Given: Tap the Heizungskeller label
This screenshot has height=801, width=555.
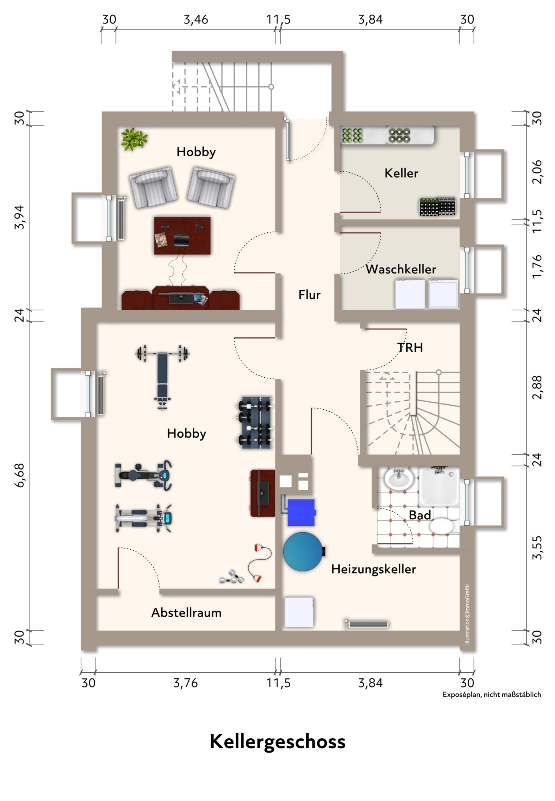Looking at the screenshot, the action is (x=374, y=569).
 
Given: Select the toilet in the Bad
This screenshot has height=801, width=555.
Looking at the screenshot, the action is (x=443, y=526).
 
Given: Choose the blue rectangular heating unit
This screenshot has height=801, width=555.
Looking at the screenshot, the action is (x=301, y=513).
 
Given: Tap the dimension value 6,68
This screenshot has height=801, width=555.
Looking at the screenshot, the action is (x=20, y=475).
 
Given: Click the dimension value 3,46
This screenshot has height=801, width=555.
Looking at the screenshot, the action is (x=196, y=19).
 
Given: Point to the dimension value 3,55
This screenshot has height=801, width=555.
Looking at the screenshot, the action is (x=537, y=548).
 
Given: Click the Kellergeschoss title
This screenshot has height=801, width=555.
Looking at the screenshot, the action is (x=277, y=742).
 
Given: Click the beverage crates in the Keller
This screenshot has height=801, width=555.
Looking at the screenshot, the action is (x=438, y=206).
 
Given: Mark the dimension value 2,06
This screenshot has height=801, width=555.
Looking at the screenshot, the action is (x=537, y=172).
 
